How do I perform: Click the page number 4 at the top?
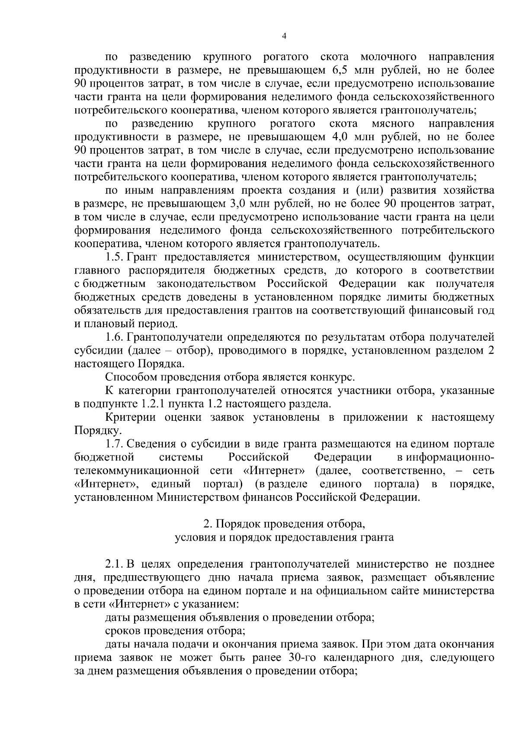284,37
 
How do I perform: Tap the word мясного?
393,124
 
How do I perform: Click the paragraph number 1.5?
115,258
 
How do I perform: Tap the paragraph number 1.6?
115,337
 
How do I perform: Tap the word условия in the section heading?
193,538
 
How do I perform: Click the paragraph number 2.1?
115,564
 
